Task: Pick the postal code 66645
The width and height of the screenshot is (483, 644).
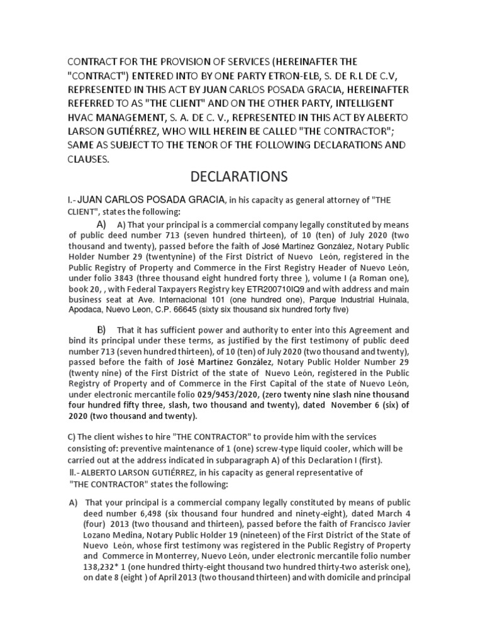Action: [232, 310]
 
